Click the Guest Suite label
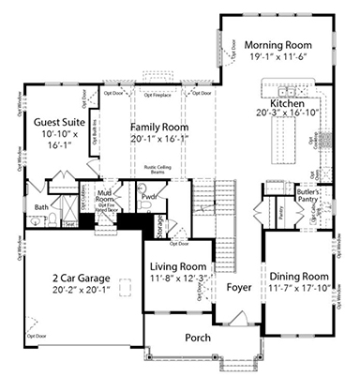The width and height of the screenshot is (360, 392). [x=54, y=121]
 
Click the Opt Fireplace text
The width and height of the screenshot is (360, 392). [x=157, y=94]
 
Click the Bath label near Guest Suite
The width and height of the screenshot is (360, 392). [x=41, y=206]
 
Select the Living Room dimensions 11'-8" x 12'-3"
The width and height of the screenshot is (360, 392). [x=178, y=279]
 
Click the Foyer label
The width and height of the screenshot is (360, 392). [x=239, y=288]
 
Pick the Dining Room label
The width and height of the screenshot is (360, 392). [x=298, y=277]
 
